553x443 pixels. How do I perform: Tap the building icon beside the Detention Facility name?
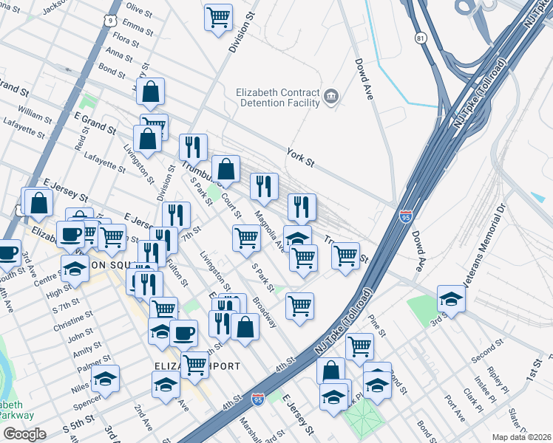point(330,97)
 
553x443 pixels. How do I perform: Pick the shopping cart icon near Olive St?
point(218,17)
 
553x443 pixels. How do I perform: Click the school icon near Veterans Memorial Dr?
point(450,299)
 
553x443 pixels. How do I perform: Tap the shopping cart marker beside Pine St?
point(359,345)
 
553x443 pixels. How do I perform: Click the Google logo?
point(24,434)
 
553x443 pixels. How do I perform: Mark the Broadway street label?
point(265,312)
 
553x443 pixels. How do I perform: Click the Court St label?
point(232,199)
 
